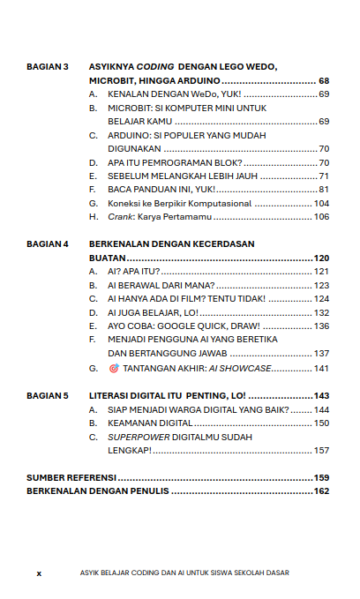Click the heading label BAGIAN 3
[x=48, y=67]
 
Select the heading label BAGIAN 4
[x=48, y=243]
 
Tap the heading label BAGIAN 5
[x=48, y=396]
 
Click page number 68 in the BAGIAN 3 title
[x=324, y=80]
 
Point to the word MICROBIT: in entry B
[x=130, y=108]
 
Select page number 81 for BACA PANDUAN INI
[x=324, y=190]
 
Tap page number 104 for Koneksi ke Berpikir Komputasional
[x=321, y=203]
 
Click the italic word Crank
[x=118, y=217]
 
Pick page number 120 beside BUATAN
[x=321, y=258]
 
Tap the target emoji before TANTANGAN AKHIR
[x=113, y=368]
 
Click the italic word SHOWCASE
[x=250, y=368]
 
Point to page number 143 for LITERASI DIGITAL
[x=321, y=396]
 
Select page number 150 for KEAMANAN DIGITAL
[x=321, y=423]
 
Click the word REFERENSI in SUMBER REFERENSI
[x=92, y=477]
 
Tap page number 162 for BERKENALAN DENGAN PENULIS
[x=321, y=491]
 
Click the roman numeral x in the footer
[x=39, y=573]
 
